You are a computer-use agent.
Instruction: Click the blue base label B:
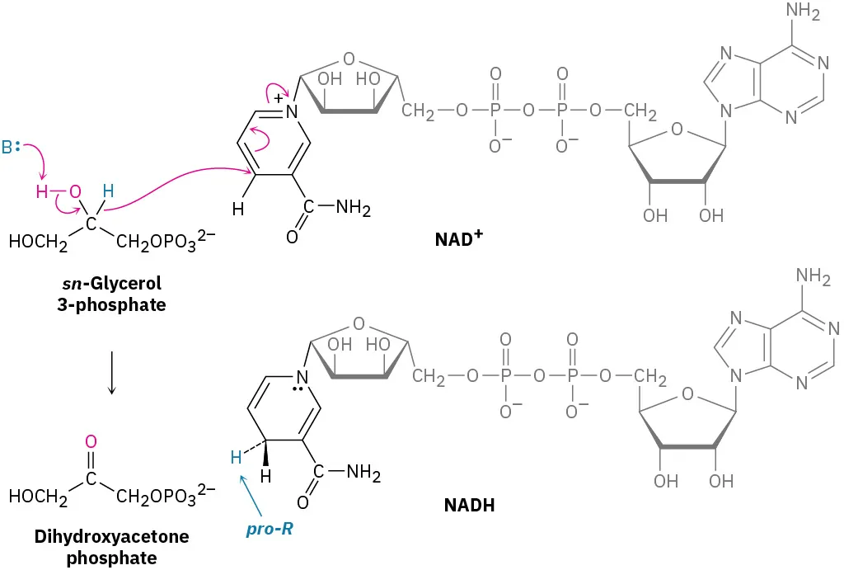click(11, 148)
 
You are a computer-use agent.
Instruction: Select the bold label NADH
click(468, 506)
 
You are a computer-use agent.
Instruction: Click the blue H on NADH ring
click(236, 457)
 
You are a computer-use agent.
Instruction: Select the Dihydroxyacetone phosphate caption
click(111, 547)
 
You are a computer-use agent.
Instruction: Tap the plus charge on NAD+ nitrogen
click(279, 98)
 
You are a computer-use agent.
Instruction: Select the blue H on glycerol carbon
click(107, 191)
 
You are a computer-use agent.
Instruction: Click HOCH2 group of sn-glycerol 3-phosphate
click(38, 243)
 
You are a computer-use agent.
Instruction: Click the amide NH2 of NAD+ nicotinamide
click(353, 209)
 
